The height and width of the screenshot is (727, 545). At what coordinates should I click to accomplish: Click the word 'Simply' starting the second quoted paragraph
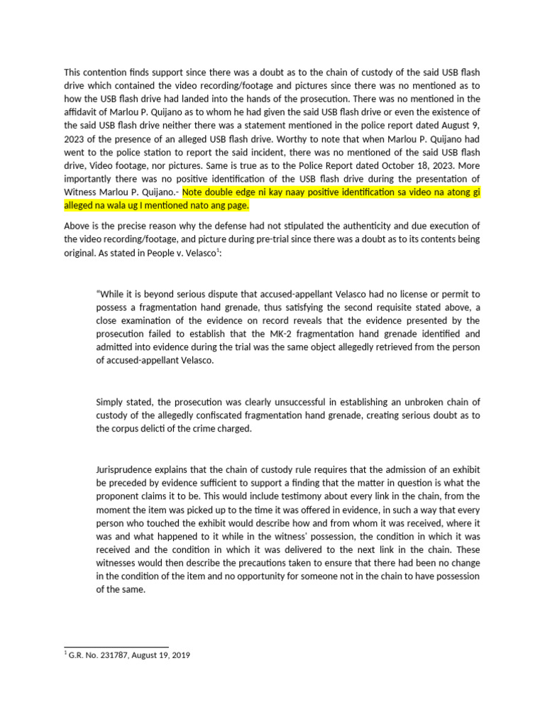coord(110,401)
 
